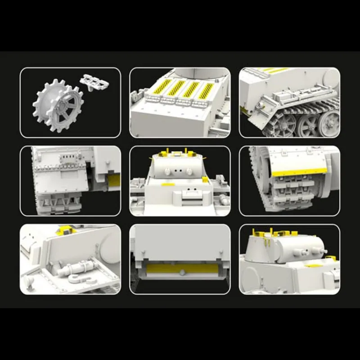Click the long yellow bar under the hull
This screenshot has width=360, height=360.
tap(180, 269)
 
